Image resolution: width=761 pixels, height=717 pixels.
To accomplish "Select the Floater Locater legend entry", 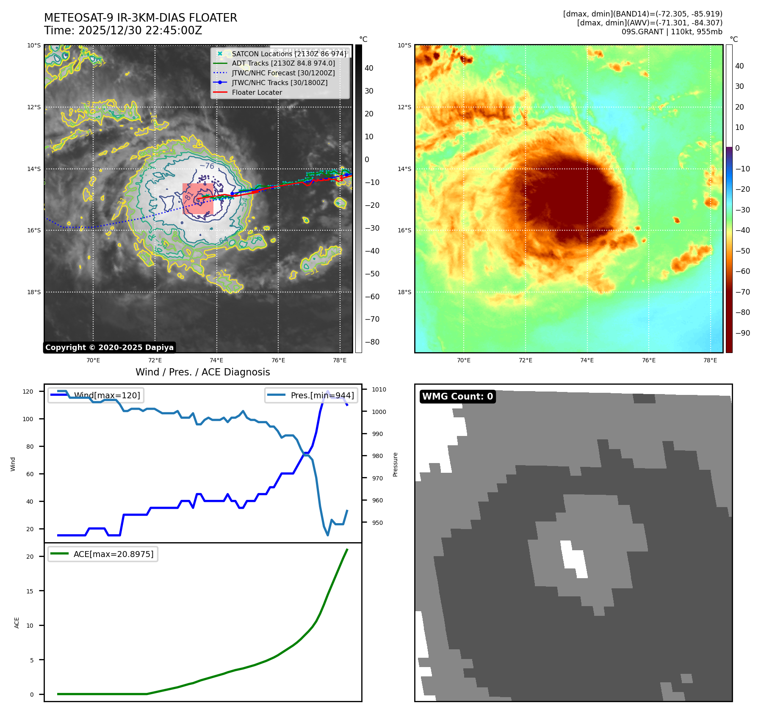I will tap(257, 92).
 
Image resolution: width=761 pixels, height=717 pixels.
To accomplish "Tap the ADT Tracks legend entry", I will tap(283, 63).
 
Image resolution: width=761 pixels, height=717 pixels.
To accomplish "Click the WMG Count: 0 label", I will tap(457, 396).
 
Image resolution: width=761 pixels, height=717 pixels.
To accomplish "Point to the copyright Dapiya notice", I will tap(109, 347).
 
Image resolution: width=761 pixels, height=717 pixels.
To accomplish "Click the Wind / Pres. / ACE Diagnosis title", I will tap(202, 372).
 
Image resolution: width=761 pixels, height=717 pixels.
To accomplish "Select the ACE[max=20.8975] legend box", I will tap(103, 554).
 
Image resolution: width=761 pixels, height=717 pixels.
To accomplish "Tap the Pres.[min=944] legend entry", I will tap(311, 395).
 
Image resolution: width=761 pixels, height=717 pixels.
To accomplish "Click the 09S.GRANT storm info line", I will tap(672, 32).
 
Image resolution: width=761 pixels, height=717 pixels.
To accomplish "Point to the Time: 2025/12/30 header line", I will tap(123, 30).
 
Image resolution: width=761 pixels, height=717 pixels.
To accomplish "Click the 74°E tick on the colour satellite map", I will tap(587, 360).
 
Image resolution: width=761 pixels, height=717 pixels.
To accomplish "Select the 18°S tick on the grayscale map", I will tap(34, 292).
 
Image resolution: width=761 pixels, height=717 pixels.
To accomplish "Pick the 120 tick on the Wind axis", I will tap(28, 392).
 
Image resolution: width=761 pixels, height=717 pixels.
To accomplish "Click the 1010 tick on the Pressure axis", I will tap(379, 389).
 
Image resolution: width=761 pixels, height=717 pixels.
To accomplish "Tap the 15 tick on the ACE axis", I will tap(30, 591).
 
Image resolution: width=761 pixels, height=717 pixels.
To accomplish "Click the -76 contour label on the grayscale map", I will tap(207, 166).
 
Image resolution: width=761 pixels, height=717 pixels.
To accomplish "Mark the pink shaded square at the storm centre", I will tap(197, 199).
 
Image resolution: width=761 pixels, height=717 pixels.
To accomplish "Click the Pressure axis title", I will tap(395, 464).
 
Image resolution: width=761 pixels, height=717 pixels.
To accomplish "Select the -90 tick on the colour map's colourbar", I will tap(742, 333).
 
